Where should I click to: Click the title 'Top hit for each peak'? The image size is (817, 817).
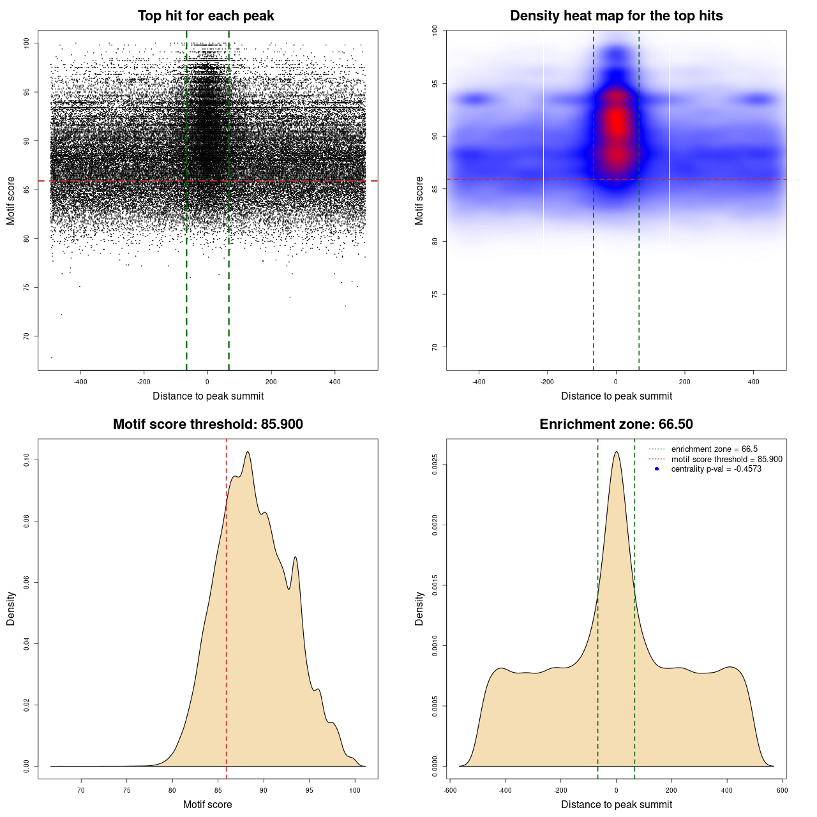[x=206, y=16]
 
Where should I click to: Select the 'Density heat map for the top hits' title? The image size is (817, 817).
[x=616, y=16]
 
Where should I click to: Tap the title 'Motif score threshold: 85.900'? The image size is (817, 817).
[x=207, y=424]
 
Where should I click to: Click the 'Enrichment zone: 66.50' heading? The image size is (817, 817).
[x=616, y=424]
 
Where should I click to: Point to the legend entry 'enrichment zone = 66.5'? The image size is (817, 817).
[x=714, y=449]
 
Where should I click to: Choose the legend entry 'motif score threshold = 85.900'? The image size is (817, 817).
[x=726, y=459]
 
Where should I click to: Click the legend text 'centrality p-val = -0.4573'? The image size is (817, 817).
[x=716, y=469]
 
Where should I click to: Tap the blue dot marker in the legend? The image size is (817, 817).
[x=657, y=469]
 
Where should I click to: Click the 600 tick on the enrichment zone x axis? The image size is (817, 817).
[x=782, y=790]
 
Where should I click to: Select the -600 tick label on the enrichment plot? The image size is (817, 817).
[x=450, y=790]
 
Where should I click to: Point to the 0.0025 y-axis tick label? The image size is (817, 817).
[x=435, y=465]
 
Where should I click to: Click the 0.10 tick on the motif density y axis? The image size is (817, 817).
[x=26, y=460]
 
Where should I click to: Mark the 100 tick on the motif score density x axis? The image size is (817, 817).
[x=355, y=790]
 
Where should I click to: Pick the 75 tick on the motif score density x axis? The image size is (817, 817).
[x=126, y=790]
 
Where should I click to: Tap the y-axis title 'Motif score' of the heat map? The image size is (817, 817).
[x=419, y=200]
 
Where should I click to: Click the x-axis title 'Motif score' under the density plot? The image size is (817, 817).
[x=207, y=804]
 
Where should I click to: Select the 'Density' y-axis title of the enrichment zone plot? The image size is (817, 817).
[x=419, y=608]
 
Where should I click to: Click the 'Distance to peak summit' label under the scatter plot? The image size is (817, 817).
[x=208, y=396]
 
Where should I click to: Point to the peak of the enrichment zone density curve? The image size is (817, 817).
[x=616, y=452]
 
